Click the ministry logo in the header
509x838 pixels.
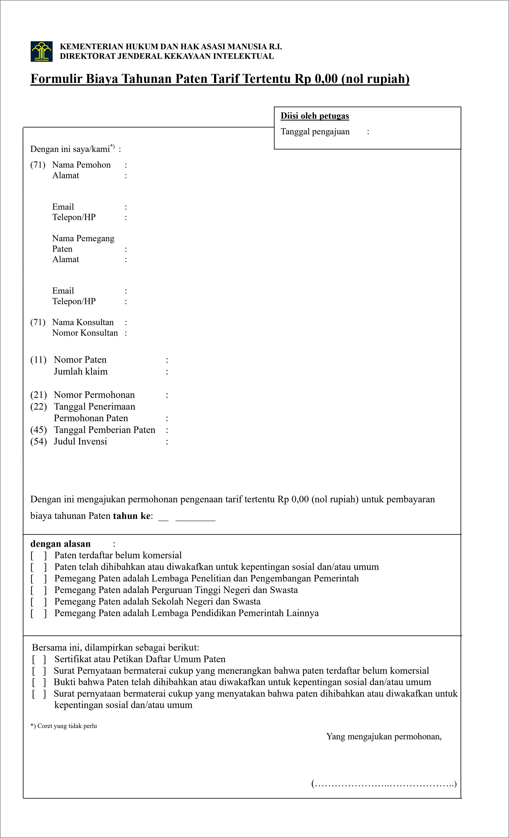tap(41, 51)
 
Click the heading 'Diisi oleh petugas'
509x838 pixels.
tap(314, 116)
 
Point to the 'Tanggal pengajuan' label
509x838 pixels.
tap(315, 132)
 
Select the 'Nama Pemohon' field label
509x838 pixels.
tap(81, 165)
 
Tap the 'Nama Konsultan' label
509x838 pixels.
tap(83, 322)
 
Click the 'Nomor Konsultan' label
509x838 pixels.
tap(85, 333)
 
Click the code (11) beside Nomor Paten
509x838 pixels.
tap(38, 360)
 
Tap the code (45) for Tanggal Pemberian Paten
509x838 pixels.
tap(38, 430)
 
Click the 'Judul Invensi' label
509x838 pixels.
tap(80, 442)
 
